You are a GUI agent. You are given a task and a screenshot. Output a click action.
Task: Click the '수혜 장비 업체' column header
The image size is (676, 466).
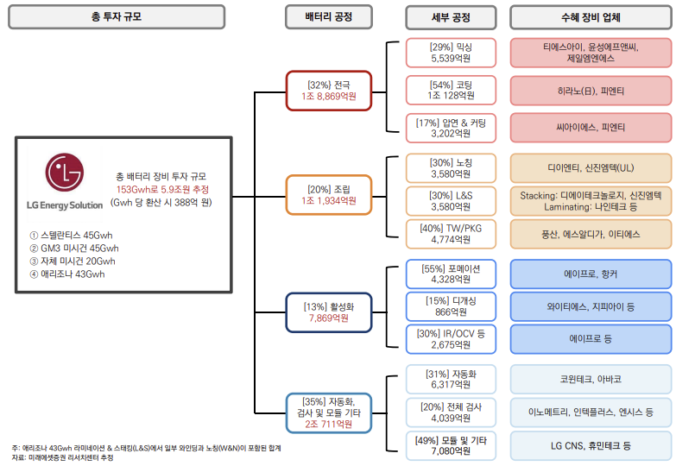[591, 16]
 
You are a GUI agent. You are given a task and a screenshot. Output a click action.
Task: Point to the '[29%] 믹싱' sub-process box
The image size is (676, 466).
[451, 53]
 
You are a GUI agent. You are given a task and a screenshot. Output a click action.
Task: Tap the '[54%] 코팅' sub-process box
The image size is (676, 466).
[451, 90]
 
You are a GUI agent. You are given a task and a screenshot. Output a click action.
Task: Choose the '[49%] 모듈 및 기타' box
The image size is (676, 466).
[451, 445]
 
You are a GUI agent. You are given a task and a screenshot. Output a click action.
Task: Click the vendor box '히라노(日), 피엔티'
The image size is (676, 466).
[591, 90]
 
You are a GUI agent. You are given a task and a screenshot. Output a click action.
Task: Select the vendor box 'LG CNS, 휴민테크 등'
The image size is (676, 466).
[591, 445]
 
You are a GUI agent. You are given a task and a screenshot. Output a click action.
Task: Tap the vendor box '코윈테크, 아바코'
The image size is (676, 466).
[591, 379]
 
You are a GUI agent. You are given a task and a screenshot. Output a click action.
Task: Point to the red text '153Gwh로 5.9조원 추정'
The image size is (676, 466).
[163, 189]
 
